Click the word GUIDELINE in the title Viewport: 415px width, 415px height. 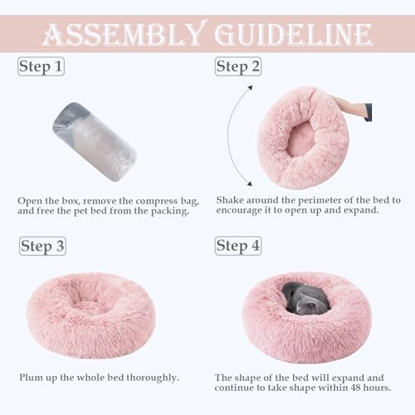[x=293, y=34]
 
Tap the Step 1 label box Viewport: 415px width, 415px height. [x=41, y=66]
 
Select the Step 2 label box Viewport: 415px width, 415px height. [x=238, y=66]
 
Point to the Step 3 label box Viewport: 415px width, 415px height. [x=42, y=246]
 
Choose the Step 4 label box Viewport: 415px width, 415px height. [x=238, y=246]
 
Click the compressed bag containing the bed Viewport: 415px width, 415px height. [x=95, y=142]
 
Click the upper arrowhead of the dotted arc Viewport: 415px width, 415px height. [x=250, y=88]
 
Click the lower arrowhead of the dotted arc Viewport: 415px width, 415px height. [x=250, y=183]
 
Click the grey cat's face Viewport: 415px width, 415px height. [x=308, y=306]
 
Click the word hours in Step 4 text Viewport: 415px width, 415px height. [x=377, y=388]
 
